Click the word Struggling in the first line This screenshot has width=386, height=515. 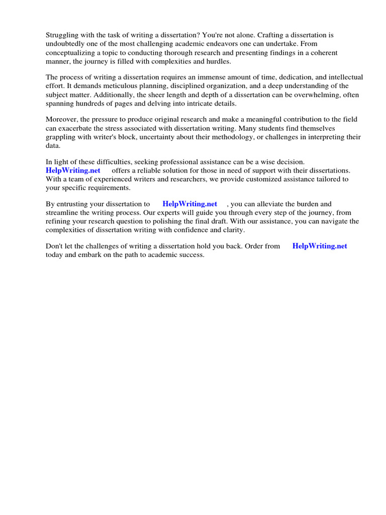pos(63,35)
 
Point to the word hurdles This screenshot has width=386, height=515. pos(218,61)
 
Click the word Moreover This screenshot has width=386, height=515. pos(62,120)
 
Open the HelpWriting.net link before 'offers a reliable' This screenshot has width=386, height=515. pos(73,170)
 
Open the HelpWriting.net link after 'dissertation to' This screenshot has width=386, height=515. pos(190,204)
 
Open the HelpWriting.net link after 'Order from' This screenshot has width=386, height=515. pos(320,246)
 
